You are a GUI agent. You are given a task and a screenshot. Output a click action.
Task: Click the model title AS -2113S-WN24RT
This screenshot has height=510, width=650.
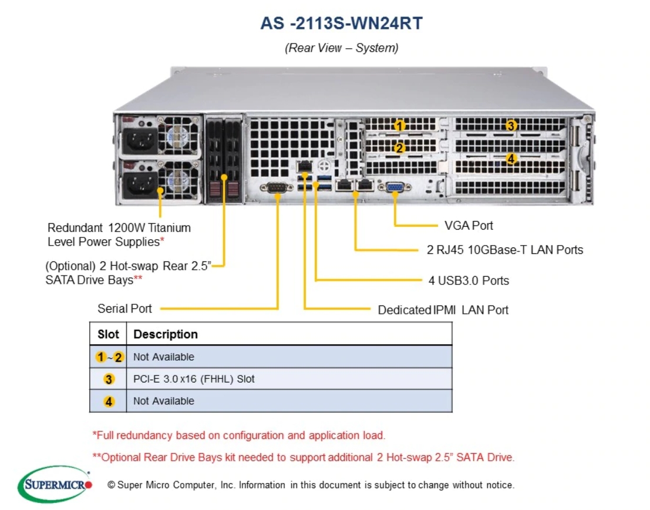click(341, 24)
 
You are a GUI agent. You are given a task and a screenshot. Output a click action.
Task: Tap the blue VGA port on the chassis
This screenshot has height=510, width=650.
click(395, 187)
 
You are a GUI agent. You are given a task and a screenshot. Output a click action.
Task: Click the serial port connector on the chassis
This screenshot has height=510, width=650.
click(277, 188)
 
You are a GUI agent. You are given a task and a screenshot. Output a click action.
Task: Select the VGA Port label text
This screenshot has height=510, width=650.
click(469, 226)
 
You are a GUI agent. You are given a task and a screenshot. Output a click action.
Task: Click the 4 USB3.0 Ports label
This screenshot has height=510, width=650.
click(469, 280)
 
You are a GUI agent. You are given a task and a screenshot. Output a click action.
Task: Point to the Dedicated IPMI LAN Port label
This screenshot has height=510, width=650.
click(443, 310)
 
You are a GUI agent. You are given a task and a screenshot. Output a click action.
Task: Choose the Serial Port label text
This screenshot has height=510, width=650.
click(124, 308)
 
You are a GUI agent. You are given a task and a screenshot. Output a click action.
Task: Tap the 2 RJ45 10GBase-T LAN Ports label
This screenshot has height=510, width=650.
click(505, 250)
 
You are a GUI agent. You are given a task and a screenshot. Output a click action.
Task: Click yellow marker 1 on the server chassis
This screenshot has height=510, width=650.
click(400, 125)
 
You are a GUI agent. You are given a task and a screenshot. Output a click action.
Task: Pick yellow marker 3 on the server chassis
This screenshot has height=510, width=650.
click(511, 125)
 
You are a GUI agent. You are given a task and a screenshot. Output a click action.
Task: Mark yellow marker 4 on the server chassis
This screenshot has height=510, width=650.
click(511, 159)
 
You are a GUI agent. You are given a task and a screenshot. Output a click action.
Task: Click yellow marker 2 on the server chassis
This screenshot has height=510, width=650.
click(400, 147)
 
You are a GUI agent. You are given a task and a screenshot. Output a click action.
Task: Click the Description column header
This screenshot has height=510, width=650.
click(166, 334)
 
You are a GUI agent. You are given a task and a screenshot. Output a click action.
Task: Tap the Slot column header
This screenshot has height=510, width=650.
click(108, 334)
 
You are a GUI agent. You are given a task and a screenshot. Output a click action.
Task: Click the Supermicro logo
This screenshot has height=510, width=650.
click(55, 484)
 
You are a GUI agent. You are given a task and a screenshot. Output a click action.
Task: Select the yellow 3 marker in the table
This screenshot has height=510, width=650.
click(109, 380)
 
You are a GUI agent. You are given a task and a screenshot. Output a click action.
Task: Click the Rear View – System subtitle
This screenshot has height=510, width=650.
click(341, 48)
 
